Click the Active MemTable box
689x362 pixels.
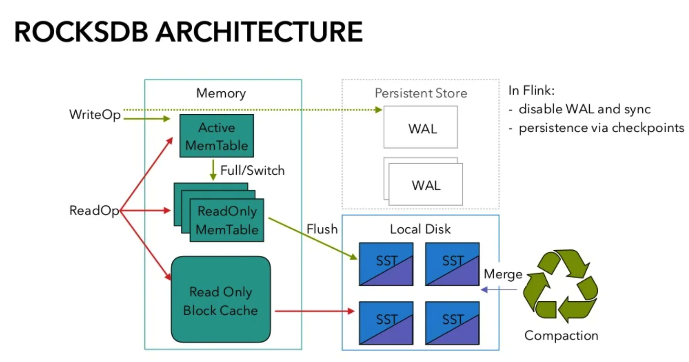tap(216, 136)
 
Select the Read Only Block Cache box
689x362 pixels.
tap(221, 300)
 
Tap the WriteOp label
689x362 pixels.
tap(95, 114)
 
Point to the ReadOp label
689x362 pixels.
tap(94, 210)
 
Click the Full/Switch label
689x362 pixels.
tap(252, 170)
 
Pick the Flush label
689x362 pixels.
tap(322, 229)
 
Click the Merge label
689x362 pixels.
tap(503, 274)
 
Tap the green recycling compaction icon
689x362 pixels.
tap(560, 286)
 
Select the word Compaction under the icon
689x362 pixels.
tap(561, 335)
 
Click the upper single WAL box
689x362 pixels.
tap(420, 127)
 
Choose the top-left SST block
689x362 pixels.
tap(386, 264)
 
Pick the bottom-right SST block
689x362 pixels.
tap(452, 323)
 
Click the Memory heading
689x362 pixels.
tap(221, 93)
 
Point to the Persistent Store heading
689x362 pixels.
tap(420, 93)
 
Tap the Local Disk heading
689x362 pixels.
tap(420, 229)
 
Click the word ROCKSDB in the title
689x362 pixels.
tap(81, 32)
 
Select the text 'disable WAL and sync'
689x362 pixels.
tap(584, 109)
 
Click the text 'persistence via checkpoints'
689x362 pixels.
tap(601, 127)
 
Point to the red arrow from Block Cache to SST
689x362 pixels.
tap(314, 311)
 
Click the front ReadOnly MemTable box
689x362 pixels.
tap(227, 221)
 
